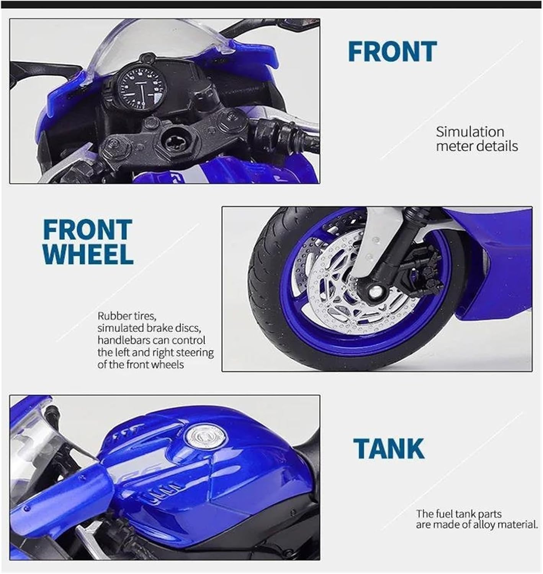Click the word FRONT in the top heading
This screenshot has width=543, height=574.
[x=392, y=51]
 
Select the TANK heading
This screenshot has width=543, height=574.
[x=389, y=449]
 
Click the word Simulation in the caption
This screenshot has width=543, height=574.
[x=470, y=132]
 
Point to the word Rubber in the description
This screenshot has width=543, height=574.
[x=114, y=316]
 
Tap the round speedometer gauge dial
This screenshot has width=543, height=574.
[x=142, y=87]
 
